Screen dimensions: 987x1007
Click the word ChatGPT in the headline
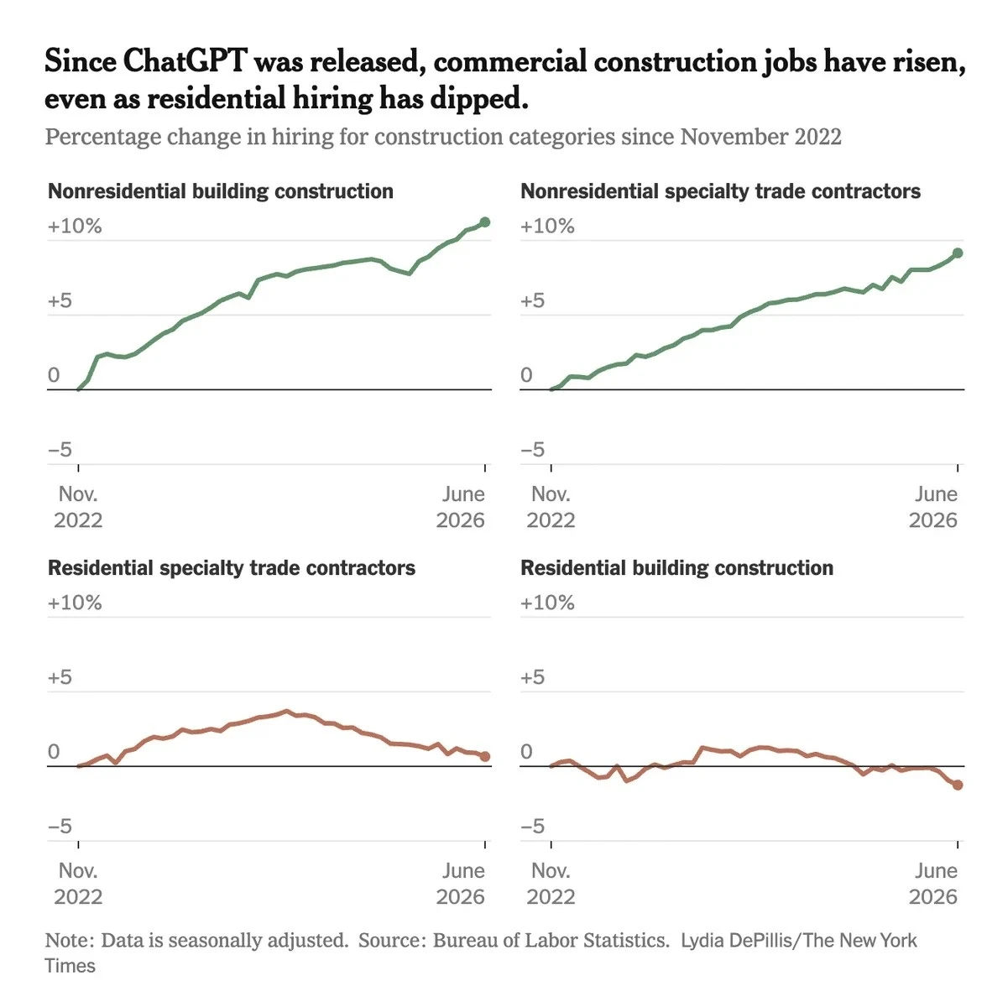(x=185, y=60)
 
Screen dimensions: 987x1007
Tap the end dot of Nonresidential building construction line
(x=484, y=222)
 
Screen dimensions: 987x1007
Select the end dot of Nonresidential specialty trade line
(x=957, y=253)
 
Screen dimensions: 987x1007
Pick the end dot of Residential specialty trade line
(x=484, y=756)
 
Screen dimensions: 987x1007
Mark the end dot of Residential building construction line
(x=957, y=785)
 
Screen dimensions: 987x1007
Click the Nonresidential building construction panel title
(x=221, y=191)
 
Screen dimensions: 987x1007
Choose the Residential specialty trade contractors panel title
(x=232, y=568)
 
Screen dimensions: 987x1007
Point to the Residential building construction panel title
(x=677, y=568)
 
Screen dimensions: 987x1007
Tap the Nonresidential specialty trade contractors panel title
(x=720, y=191)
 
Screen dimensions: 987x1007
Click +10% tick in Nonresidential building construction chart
(x=75, y=227)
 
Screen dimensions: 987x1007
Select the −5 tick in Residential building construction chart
(x=532, y=827)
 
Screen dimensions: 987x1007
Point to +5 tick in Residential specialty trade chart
(x=60, y=677)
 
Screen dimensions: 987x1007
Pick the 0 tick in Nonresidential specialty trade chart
(x=526, y=374)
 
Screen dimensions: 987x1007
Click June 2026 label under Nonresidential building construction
(x=461, y=507)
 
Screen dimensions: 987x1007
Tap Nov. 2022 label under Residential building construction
(x=551, y=884)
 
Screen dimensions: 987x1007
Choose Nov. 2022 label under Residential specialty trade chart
(x=78, y=884)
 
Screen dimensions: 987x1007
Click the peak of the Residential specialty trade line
(x=286, y=711)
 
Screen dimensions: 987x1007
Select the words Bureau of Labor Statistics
(x=551, y=940)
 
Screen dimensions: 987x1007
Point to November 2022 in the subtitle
(x=760, y=137)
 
